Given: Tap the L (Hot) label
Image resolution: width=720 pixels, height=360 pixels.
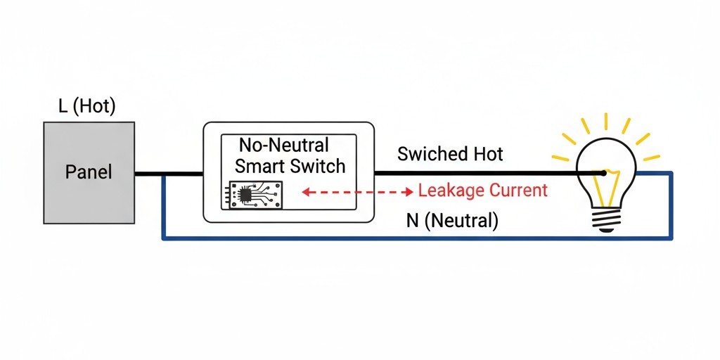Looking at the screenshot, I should coord(86,107).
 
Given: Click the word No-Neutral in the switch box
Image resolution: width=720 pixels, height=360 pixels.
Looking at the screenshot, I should coord(284,146).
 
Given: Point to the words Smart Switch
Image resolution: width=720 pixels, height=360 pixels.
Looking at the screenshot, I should coord(290,166).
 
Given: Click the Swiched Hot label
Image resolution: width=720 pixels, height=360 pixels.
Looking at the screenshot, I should coord(450,154).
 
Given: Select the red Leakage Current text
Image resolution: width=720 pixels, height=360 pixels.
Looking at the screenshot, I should coord(482,191).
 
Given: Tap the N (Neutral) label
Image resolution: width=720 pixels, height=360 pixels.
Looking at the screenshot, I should coord(452,221).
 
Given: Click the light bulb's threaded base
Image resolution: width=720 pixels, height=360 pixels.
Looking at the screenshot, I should coord(605,221).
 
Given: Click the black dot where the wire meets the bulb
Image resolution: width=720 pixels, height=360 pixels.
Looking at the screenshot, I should coord(604,173).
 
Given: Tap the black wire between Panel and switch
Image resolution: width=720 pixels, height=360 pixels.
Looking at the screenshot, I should coord(169,173).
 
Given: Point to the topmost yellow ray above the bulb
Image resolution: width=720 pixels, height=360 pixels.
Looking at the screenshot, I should coord(605,121).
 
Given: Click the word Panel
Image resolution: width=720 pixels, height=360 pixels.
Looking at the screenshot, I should coord(89,172).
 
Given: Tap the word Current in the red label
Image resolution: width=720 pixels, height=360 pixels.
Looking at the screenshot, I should coord(517,191).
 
